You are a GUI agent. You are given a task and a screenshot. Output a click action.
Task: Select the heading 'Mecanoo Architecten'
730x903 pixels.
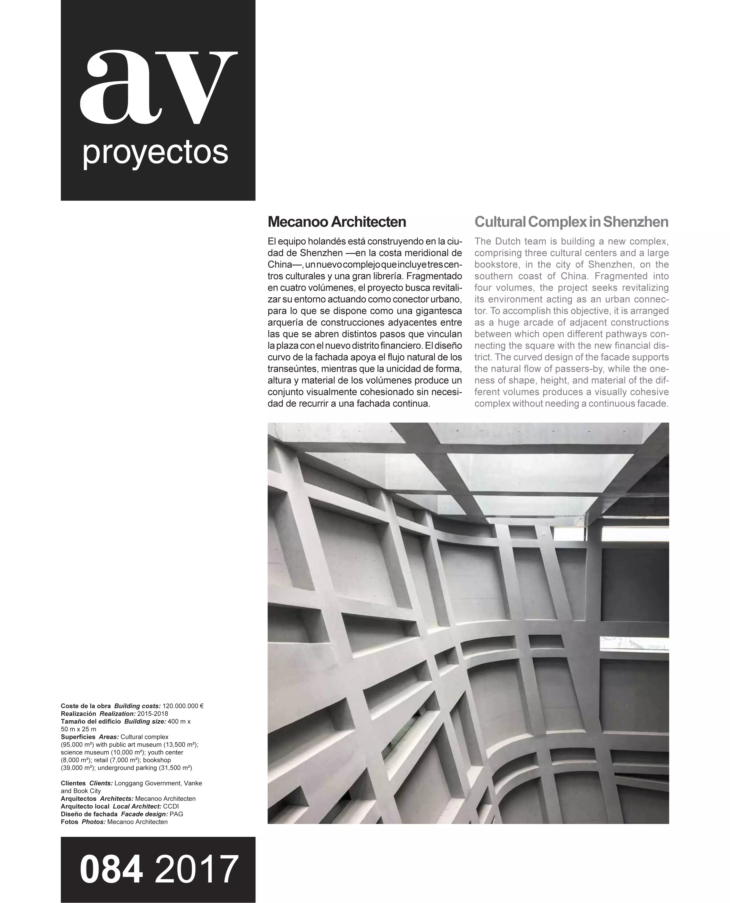[337, 222]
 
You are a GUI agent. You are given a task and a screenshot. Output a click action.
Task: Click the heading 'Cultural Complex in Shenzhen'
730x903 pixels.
[571, 222]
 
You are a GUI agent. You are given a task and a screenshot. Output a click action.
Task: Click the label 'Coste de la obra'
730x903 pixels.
[86, 706]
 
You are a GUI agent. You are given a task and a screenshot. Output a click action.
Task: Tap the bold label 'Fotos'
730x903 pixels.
[69, 822]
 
